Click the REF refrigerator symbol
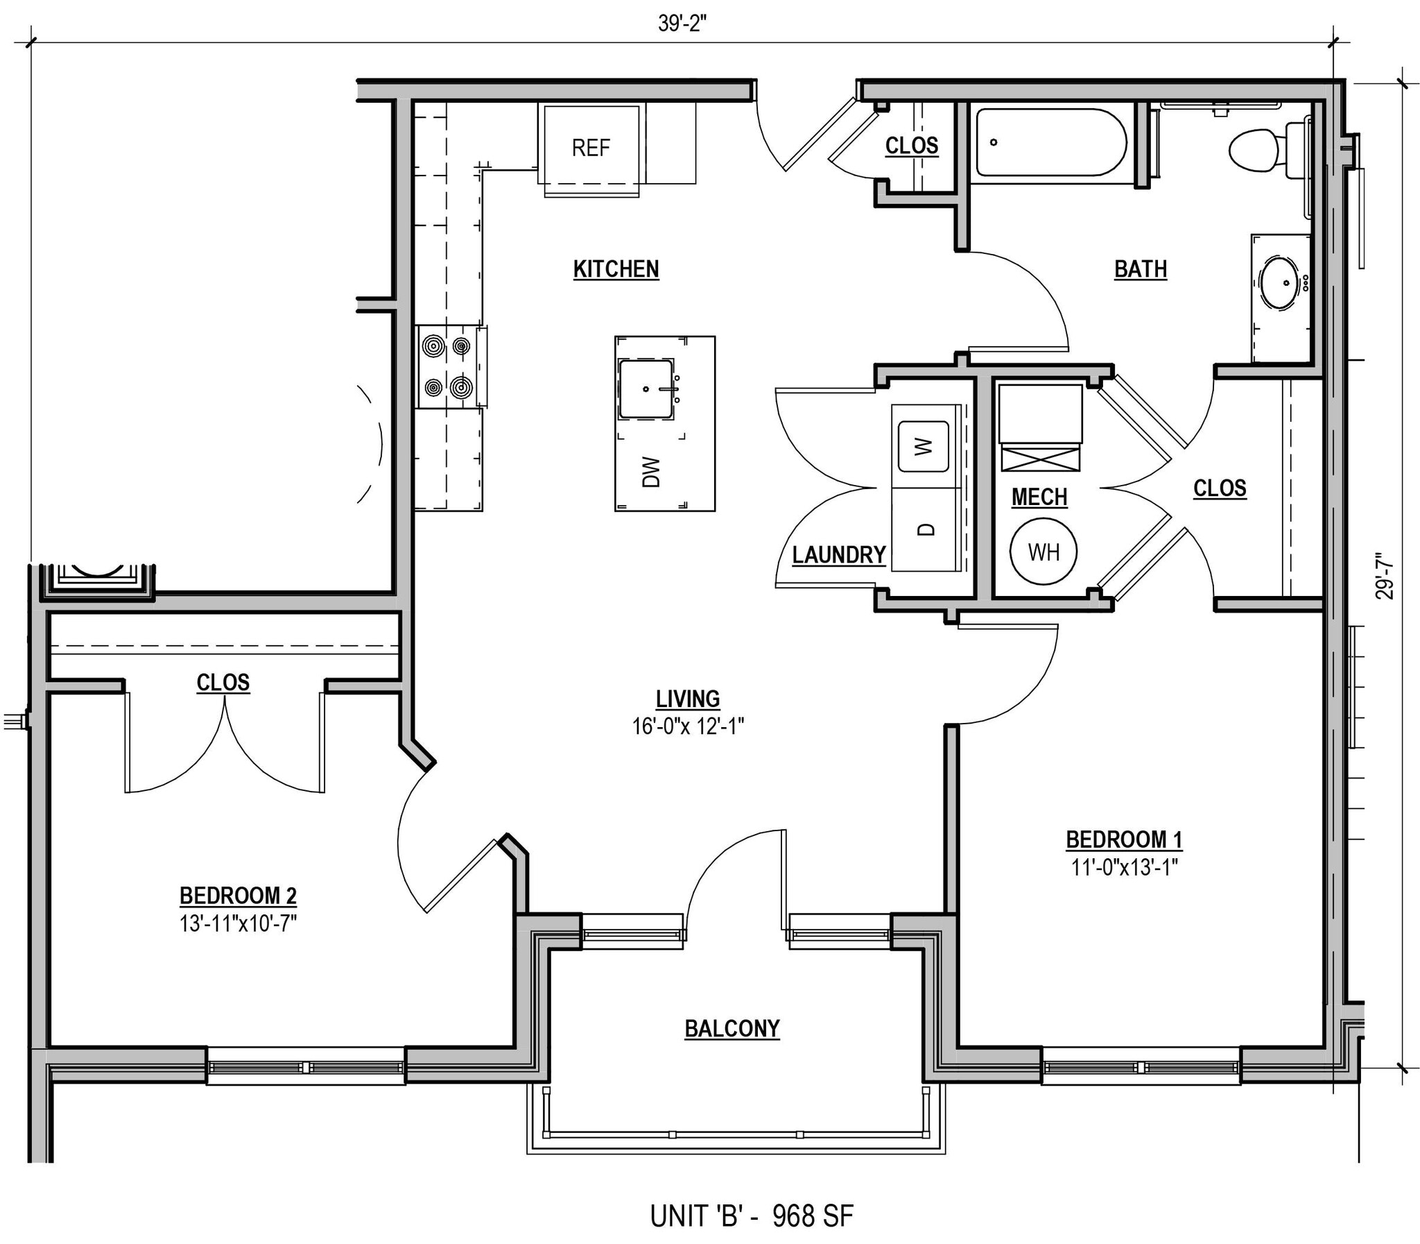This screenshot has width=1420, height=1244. pyautogui.click(x=591, y=147)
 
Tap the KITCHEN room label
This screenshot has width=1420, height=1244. pyautogui.click(x=616, y=269)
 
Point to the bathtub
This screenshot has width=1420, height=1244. pyautogui.click(x=1051, y=142)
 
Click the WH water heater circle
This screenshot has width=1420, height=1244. pyautogui.click(x=1044, y=552)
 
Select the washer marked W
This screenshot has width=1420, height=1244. pyautogui.click(x=924, y=446)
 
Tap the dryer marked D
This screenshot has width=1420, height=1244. pyautogui.click(x=926, y=529)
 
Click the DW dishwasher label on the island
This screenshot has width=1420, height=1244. pyautogui.click(x=650, y=472)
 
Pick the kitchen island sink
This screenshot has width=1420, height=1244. pyautogui.click(x=646, y=389)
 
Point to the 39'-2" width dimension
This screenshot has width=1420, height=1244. pyautogui.click(x=682, y=24)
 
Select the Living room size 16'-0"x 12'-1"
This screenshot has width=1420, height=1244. pyautogui.click(x=687, y=727)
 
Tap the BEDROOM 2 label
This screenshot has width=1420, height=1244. pyautogui.click(x=238, y=896)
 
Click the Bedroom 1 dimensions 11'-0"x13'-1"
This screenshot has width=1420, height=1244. pyautogui.click(x=1124, y=867)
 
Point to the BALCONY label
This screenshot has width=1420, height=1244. pyautogui.click(x=732, y=1028)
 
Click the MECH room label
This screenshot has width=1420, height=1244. pyautogui.click(x=1039, y=497)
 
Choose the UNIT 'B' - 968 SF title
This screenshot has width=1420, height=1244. pyautogui.click(x=752, y=1216)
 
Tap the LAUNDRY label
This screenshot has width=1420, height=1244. pyautogui.click(x=839, y=554)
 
